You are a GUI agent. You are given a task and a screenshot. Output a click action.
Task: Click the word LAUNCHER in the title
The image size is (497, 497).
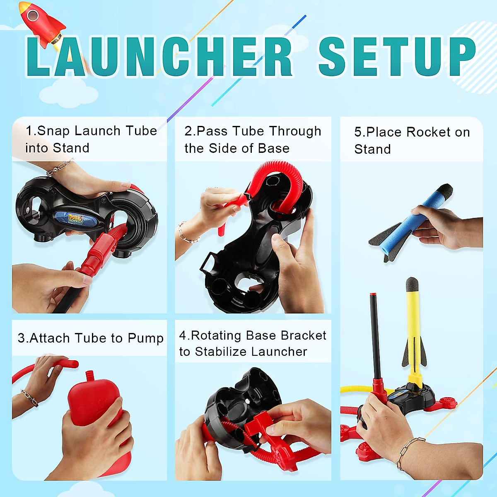tap(159, 57)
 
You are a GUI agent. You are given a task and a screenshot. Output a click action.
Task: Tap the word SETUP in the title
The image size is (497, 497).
tap(397, 57)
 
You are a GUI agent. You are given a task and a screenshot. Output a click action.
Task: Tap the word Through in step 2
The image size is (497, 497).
tap(296, 131)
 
